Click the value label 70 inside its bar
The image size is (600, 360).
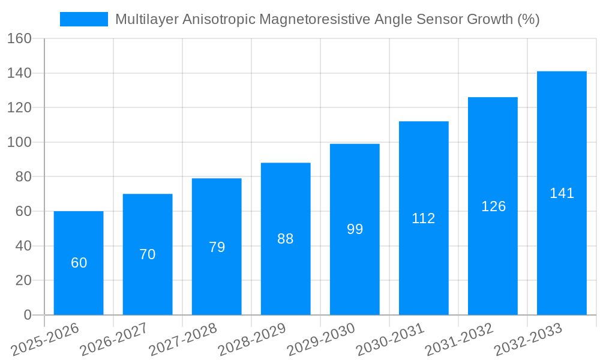coord(148,254)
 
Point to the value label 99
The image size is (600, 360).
coord(355,229)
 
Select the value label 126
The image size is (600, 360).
coord(493,206)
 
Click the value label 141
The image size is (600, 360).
coord(562,193)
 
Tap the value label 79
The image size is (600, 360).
coord(217,247)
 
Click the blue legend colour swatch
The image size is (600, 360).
coord(84,19)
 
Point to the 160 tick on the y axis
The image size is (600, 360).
coord(19,38)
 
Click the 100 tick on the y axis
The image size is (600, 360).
coord(19,142)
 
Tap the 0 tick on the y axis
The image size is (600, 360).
coord(27,315)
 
